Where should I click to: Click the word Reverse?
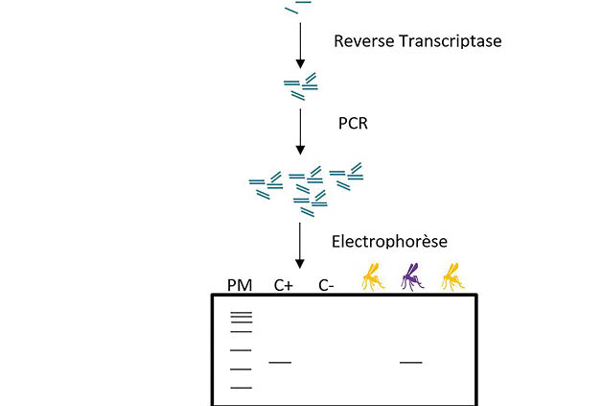[360, 41]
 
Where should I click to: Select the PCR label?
[354, 124]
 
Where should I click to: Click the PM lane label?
[240, 284]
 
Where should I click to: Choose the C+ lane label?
[283, 284]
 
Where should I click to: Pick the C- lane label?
[326, 284]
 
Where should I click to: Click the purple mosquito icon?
[411, 277]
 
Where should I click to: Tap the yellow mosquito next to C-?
[372, 277]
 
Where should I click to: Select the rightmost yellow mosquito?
[451, 277]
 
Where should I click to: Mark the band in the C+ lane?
[280, 362]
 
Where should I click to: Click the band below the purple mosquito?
[410, 362]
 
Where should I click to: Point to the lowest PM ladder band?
[241, 387]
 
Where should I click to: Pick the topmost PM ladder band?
[241, 313]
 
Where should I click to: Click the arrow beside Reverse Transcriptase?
[301, 42]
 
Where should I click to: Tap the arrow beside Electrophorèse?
[301, 245]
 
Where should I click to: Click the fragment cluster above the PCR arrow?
[301, 85]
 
